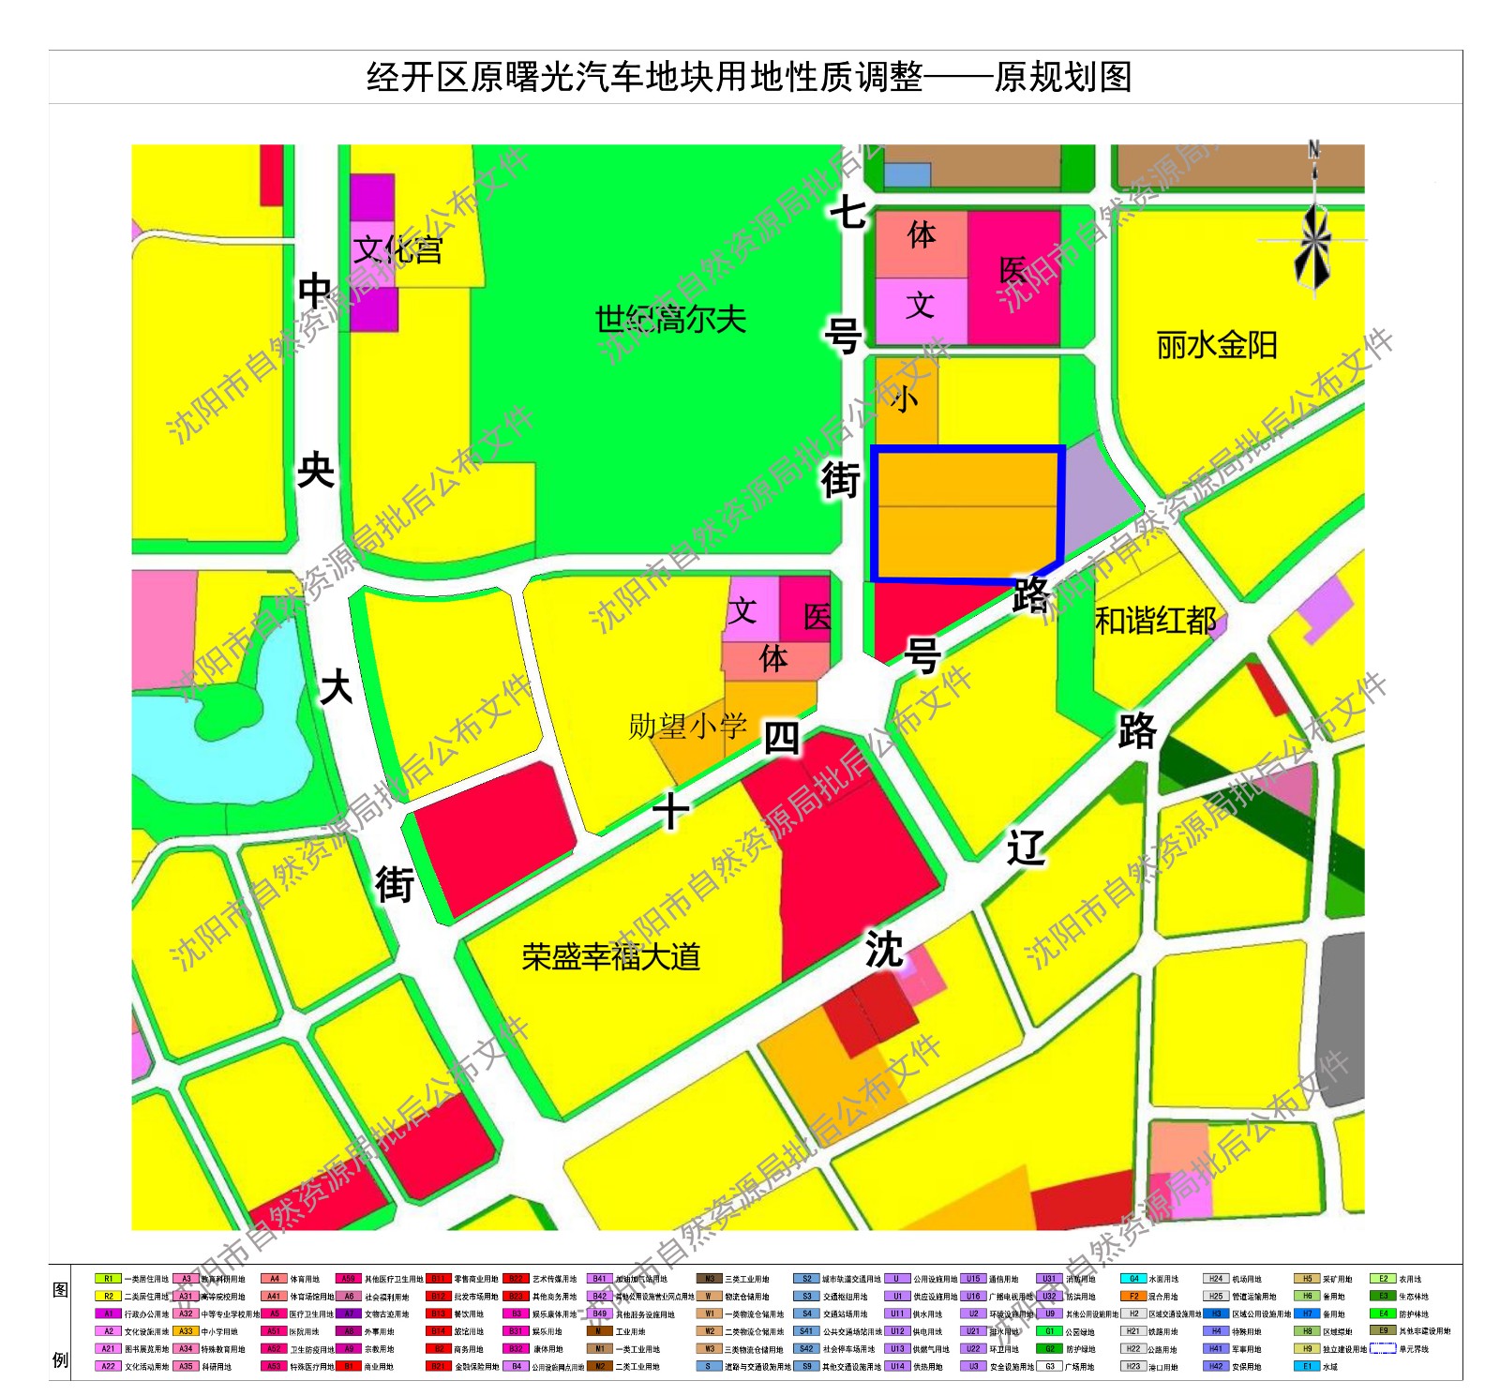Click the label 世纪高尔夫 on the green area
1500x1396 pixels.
click(670, 321)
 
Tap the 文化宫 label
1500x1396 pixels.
click(397, 249)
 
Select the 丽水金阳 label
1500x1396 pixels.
click(1216, 346)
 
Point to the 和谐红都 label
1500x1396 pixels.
click(1155, 621)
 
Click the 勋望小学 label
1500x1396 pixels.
click(687, 726)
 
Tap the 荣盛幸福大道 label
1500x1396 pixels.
click(611, 957)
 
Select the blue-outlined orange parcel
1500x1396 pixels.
click(967, 514)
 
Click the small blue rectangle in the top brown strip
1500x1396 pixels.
click(907, 174)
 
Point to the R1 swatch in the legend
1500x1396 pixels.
click(108, 1279)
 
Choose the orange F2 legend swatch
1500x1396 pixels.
click(1133, 1297)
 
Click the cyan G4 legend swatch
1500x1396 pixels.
click(1133, 1279)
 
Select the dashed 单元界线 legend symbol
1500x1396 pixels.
click(1383, 1349)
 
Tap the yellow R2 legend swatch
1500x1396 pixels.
click(108, 1297)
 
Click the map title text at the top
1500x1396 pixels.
click(749, 77)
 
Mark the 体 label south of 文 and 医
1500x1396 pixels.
click(773, 659)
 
